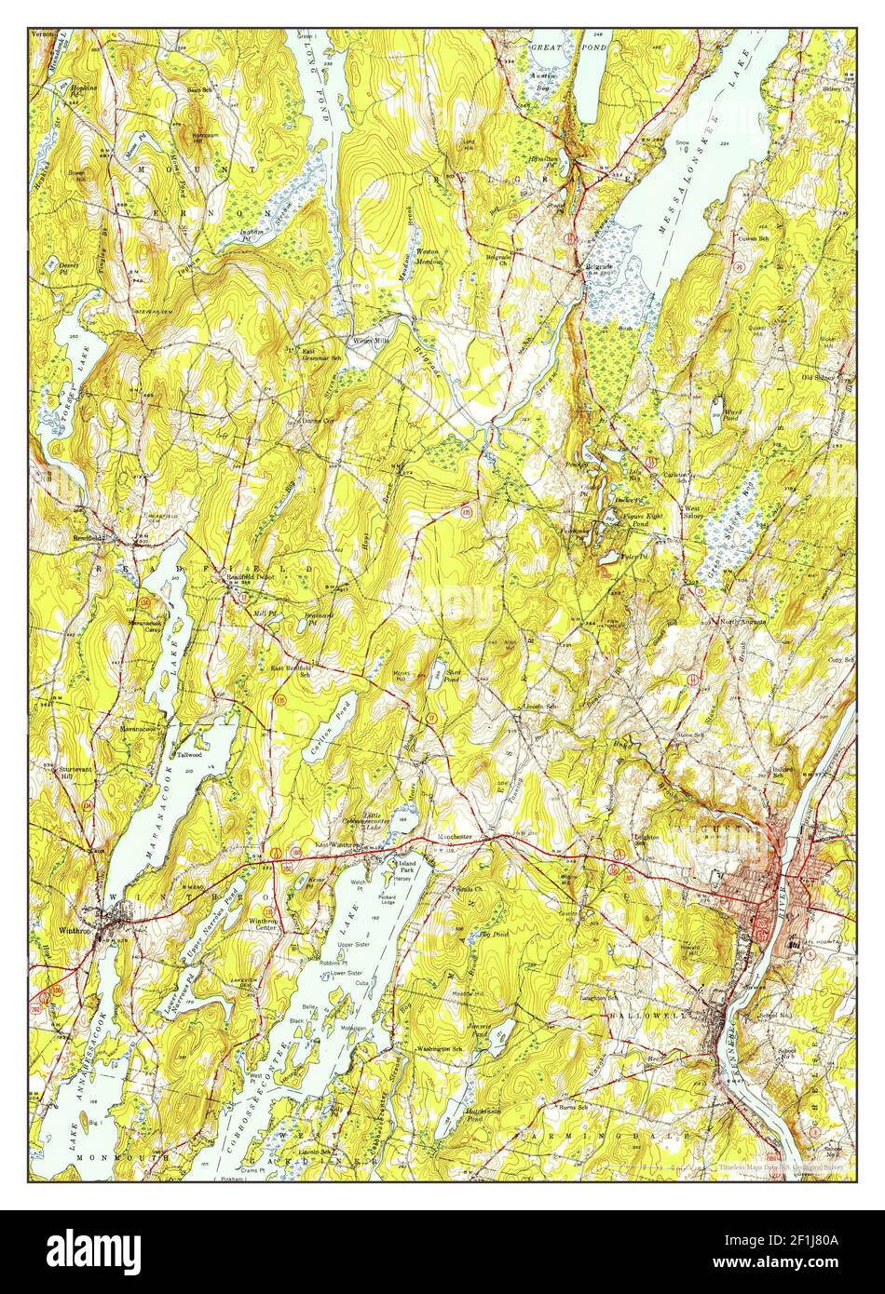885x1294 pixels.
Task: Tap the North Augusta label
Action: pyautogui.click(x=742, y=620)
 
